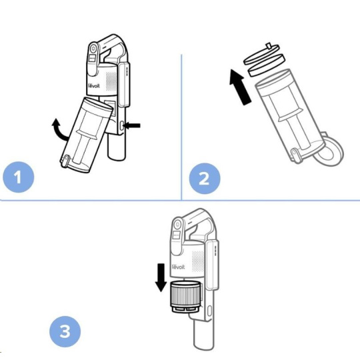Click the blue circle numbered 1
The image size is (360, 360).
pyautogui.click(x=19, y=177)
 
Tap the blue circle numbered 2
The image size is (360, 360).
pyautogui.click(x=205, y=179)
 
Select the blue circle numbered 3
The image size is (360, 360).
pyautogui.click(x=65, y=331)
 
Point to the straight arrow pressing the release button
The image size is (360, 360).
pyautogui.click(x=132, y=125)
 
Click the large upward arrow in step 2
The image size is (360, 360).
pyautogui.click(x=240, y=87)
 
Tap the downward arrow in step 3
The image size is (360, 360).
pyautogui.click(x=161, y=278)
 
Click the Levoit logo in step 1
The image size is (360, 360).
pyautogui.click(x=94, y=85)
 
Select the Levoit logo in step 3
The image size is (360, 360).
pyautogui.click(x=179, y=267)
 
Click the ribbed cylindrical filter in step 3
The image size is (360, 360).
pyautogui.click(x=185, y=297)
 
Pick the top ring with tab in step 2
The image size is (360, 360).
pyautogui.click(x=262, y=54)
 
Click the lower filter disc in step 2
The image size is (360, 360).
pyautogui.click(x=267, y=65)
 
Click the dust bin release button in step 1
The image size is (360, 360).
pyautogui.click(x=122, y=125)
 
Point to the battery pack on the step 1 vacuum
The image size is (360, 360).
pyautogui.click(x=124, y=84)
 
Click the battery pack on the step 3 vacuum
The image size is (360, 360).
pyautogui.click(x=212, y=265)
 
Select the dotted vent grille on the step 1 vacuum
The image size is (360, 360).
pyautogui.click(x=111, y=81)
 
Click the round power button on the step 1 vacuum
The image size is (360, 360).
pyautogui.click(x=93, y=49)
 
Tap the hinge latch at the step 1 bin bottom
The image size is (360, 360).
pyautogui.click(x=65, y=160)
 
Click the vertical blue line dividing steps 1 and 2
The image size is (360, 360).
pyautogui.click(x=181, y=127)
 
